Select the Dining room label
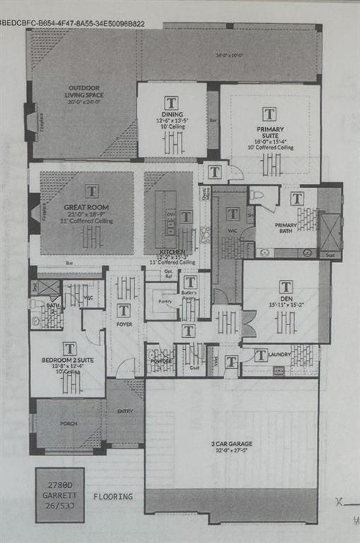pyautogui.click(x=171, y=115)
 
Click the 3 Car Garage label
pyautogui.click(x=231, y=444)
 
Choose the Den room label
pyautogui.click(x=286, y=299)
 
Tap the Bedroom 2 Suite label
pyautogui.click(x=67, y=360)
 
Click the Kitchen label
pyautogui.click(x=172, y=252)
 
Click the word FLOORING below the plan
pyautogui.click(x=112, y=496)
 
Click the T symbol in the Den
pyautogui.click(x=286, y=286)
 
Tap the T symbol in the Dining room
pyautogui.click(x=171, y=101)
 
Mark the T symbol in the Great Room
pyautogui.click(x=92, y=191)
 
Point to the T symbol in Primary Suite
pyautogui.click(x=269, y=114)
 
